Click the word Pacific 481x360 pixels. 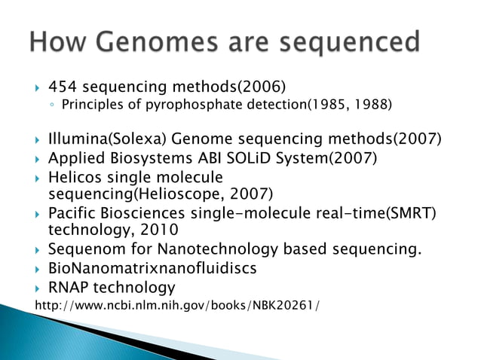click(x=72, y=213)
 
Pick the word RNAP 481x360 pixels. click(x=69, y=287)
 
